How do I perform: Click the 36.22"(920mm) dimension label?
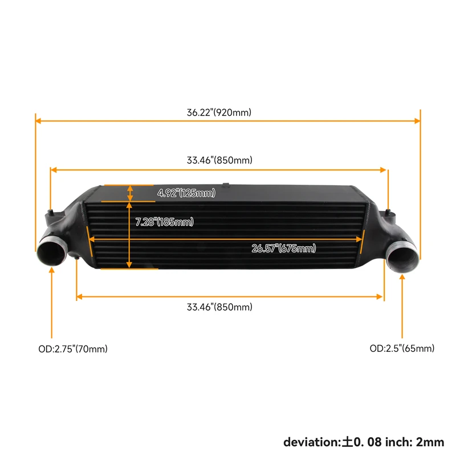click(x=219, y=112)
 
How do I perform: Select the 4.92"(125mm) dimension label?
click(x=186, y=193)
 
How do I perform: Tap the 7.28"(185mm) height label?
click(x=164, y=222)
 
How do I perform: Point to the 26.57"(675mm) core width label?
click(x=283, y=248)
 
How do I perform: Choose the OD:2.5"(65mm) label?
click(x=402, y=348)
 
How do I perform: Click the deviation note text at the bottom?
click(x=364, y=441)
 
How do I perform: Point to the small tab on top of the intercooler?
click(x=226, y=184)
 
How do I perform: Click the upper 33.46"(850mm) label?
click(x=219, y=160)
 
